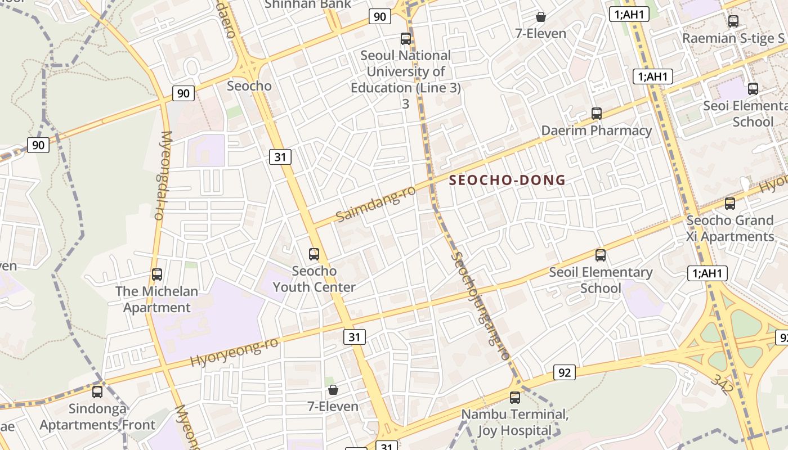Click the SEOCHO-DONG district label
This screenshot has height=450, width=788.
point(507,180)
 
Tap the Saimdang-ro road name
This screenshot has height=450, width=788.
point(375,204)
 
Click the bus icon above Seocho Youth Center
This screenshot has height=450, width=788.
point(314,254)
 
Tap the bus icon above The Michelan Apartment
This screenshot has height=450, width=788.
point(157,274)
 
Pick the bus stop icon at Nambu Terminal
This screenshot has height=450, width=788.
point(514,398)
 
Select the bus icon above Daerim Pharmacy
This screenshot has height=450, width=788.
point(597,114)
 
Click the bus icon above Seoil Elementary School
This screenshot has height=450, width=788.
point(601,255)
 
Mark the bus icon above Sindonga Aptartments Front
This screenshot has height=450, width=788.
point(97,391)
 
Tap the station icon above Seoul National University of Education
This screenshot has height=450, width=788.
point(406,39)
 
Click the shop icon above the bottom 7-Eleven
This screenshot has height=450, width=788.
point(333,390)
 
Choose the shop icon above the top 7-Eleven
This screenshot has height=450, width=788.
point(541,17)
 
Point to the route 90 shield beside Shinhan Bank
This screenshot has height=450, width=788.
point(380,16)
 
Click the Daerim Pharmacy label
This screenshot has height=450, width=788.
point(597,130)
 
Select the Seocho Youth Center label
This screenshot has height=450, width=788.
point(314,279)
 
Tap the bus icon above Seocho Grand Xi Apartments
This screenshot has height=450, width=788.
point(730,204)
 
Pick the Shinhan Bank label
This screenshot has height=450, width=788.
point(308,4)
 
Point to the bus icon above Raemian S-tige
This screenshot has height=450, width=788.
point(733,21)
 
